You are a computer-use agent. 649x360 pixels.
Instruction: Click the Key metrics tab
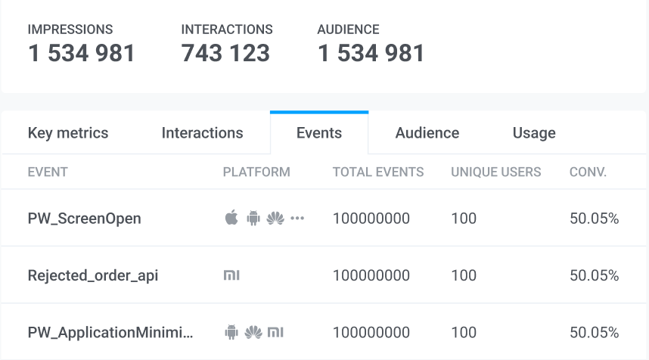click(68, 133)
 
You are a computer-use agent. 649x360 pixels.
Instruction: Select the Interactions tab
click(202, 133)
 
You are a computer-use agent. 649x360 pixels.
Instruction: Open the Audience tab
click(427, 133)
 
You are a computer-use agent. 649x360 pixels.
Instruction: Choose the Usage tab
click(534, 133)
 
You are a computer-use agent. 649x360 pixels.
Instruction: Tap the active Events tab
click(318, 133)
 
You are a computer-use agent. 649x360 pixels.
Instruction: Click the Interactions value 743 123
click(225, 53)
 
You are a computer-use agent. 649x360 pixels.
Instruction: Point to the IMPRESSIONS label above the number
click(70, 29)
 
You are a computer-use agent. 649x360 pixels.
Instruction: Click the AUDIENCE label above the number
click(348, 29)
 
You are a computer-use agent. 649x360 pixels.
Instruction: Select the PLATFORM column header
click(256, 172)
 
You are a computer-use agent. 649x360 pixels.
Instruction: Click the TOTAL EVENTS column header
click(378, 172)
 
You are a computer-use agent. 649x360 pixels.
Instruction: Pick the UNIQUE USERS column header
click(495, 172)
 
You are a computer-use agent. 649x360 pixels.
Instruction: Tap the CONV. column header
click(588, 172)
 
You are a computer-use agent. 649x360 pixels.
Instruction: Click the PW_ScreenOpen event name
click(84, 219)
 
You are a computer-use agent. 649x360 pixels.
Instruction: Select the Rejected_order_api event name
click(93, 275)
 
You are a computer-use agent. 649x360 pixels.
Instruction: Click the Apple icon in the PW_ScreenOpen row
click(231, 219)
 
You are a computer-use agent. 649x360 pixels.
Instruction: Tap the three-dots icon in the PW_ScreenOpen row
click(297, 219)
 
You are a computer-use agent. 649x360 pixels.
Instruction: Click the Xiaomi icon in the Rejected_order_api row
click(231, 275)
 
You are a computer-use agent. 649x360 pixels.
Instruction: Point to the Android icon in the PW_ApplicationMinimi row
click(231, 332)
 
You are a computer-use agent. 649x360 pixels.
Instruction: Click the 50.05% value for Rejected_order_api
click(594, 275)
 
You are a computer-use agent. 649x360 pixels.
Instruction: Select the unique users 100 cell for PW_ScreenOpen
click(464, 219)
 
